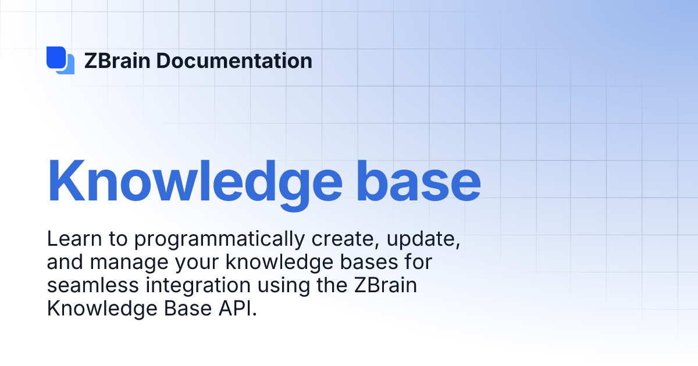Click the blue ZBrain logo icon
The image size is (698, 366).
[x=60, y=60]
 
